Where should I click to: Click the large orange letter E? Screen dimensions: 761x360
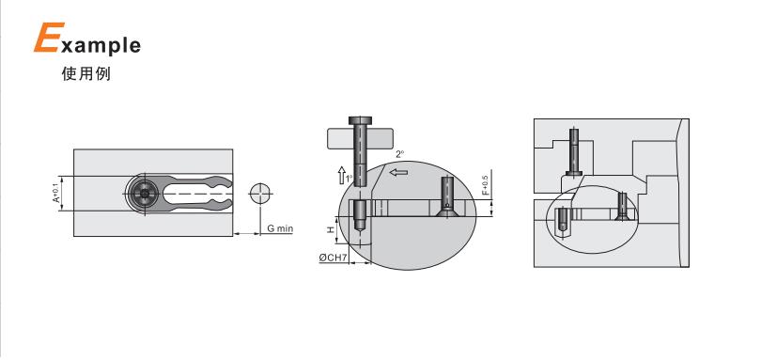click(49, 38)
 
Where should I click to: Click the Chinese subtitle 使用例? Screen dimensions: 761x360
click(86, 73)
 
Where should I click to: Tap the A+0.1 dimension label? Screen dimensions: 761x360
click(55, 193)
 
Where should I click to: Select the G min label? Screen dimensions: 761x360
click(280, 228)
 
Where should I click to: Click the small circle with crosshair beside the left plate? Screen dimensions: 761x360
click(260, 194)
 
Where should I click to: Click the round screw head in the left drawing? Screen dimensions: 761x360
click(144, 194)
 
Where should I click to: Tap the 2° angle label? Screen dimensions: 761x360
click(399, 154)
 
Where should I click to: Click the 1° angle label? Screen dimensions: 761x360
click(349, 178)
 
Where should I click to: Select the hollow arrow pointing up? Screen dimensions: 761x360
click(342, 175)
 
